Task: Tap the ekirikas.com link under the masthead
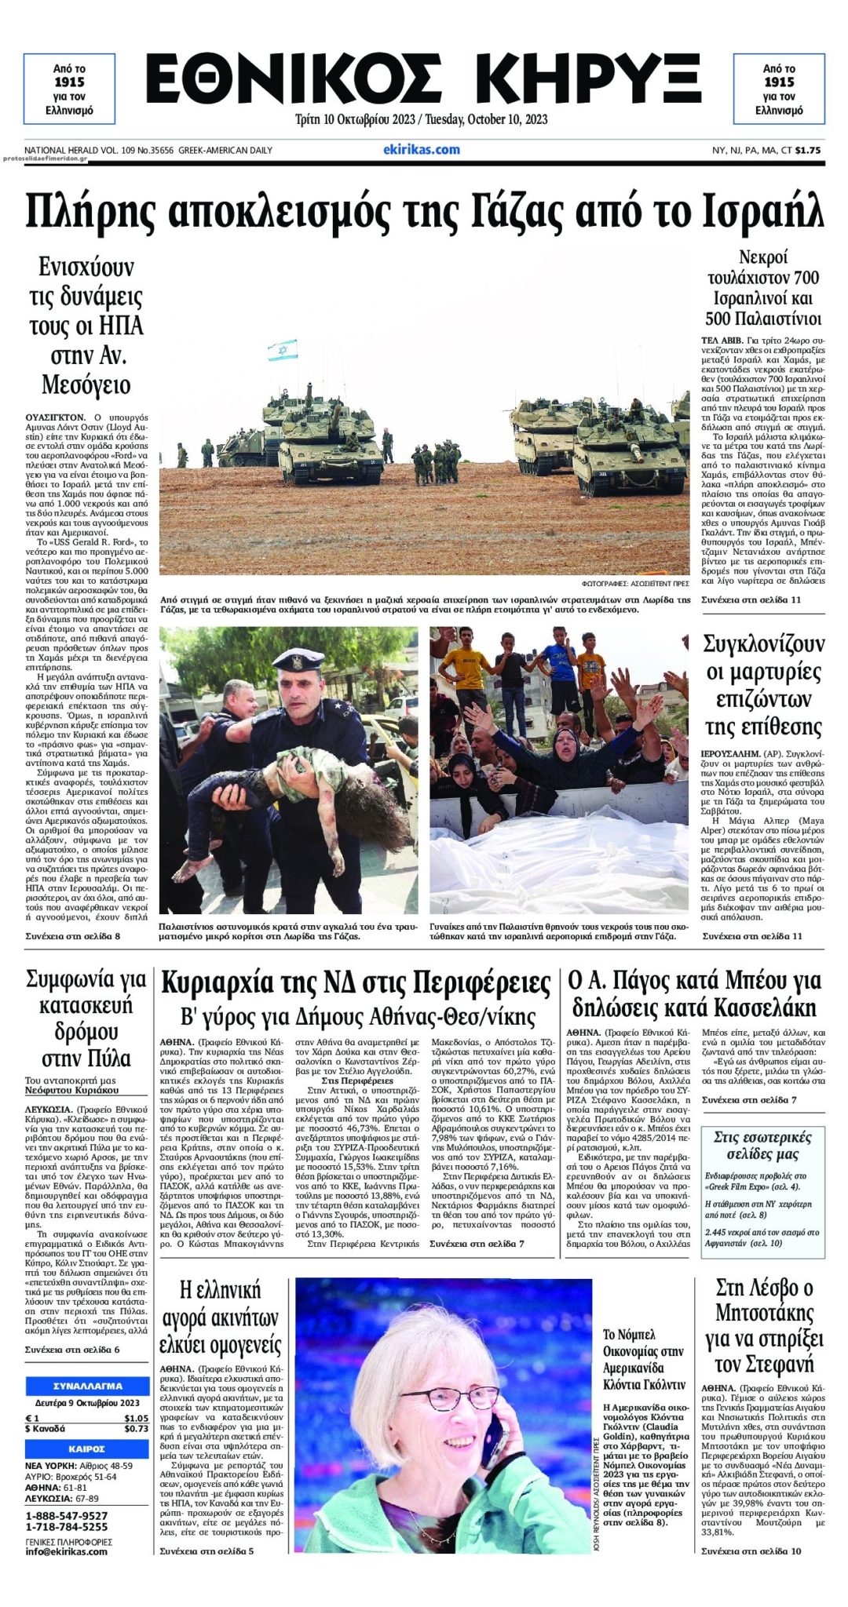click(422, 149)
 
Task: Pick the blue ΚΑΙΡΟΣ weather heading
click(87, 1448)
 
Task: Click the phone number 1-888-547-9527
click(66, 1515)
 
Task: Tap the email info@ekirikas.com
click(66, 1551)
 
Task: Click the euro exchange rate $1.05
click(136, 1418)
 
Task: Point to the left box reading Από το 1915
click(69, 89)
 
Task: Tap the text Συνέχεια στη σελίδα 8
click(72, 936)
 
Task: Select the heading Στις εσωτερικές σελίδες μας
click(762, 1146)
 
